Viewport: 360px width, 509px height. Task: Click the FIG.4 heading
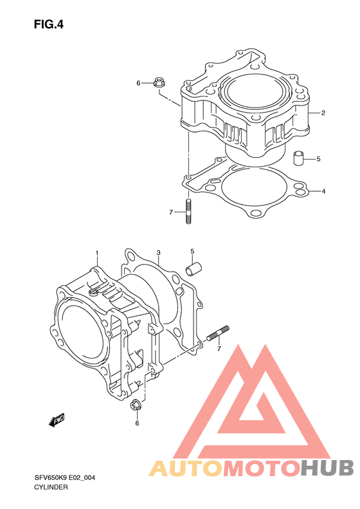tap(49, 24)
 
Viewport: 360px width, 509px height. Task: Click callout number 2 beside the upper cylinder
tap(323, 113)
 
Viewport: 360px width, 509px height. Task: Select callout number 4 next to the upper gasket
tap(323, 191)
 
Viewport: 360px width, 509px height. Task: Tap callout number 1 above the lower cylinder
tap(96, 253)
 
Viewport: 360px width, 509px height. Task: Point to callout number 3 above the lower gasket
tap(158, 252)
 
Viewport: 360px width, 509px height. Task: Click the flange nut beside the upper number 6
tap(159, 82)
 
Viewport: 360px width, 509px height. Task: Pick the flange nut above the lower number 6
tap(136, 405)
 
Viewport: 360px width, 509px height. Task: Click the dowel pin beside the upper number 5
tap(298, 158)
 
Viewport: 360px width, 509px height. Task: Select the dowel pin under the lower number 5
tap(194, 269)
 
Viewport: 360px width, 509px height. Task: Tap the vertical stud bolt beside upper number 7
tap(188, 211)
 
